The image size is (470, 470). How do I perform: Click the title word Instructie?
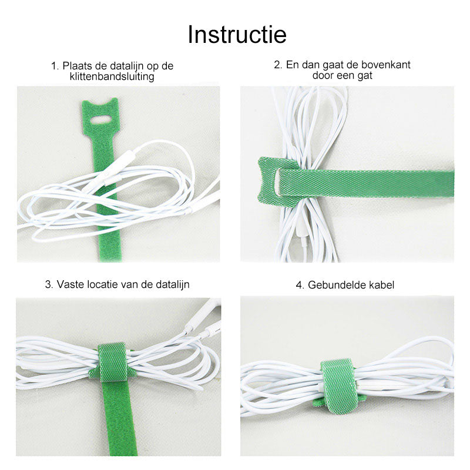click(x=237, y=35)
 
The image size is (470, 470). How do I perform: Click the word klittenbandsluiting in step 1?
click(x=112, y=76)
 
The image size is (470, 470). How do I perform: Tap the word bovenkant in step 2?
click(x=386, y=65)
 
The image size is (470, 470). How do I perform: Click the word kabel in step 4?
click(x=381, y=285)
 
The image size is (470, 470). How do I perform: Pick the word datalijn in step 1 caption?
click(x=127, y=66)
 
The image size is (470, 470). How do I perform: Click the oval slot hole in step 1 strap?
click(x=101, y=120)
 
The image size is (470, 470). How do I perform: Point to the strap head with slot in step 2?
click(x=277, y=182)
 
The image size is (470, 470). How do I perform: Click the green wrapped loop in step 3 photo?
click(x=113, y=362)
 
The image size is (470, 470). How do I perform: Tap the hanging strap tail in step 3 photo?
click(x=119, y=418)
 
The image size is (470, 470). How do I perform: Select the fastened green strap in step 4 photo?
click(x=339, y=386)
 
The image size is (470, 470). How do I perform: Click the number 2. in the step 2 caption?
click(x=278, y=65)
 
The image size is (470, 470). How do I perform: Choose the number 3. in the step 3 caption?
click(x=49, y=284)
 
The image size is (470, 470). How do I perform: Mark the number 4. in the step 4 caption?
click(x=300, y=285)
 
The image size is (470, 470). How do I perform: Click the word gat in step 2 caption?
click(x=365, y=76)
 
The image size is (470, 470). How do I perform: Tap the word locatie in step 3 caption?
click(x=103, y=284)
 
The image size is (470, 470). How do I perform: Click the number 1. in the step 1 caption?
click(x=55, y=66)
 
